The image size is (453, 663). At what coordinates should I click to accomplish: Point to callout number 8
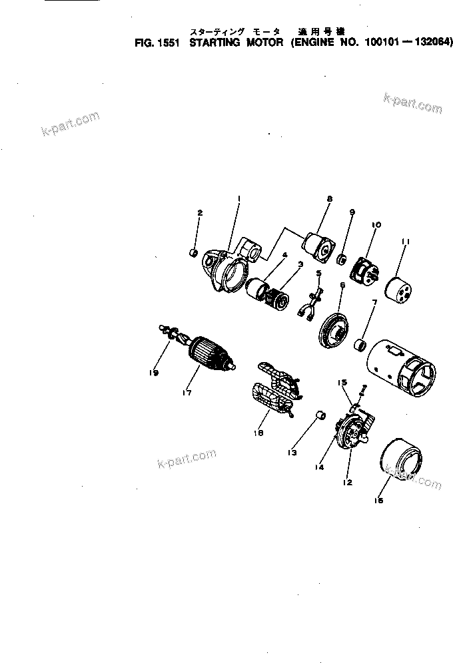(329, 198)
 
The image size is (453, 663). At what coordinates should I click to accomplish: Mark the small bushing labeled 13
(319, 417)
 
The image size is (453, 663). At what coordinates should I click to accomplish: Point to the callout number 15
(342, 383)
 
